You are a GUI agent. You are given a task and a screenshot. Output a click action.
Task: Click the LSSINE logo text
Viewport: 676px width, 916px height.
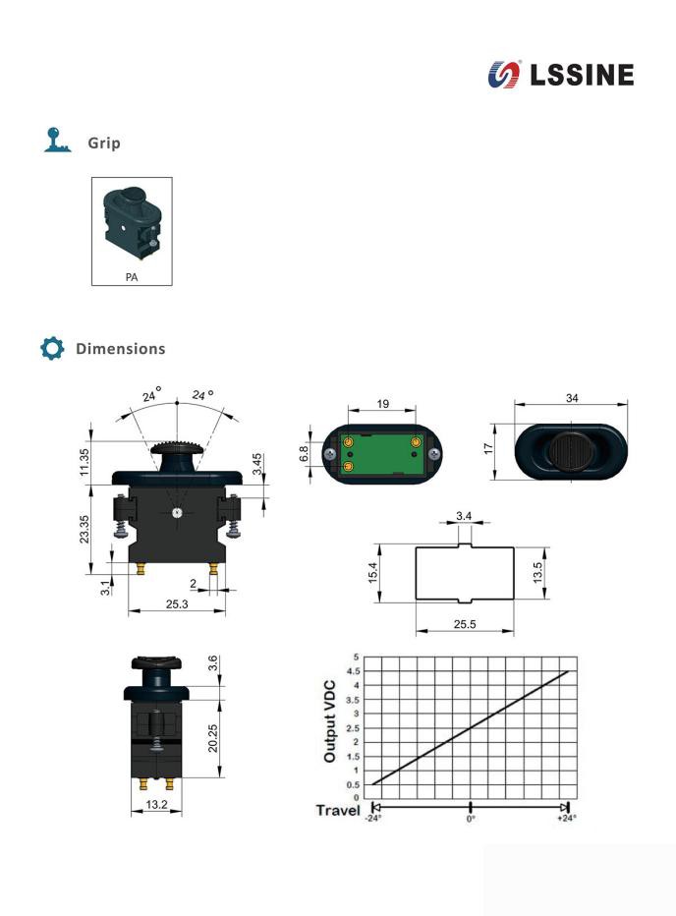tap(582, 75)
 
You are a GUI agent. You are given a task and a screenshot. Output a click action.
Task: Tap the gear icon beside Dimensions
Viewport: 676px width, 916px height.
tap(52, 348)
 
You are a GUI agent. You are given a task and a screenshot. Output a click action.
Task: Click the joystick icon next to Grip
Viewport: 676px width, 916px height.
tap(57, 141)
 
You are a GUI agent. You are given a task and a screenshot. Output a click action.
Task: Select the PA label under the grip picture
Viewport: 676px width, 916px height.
tap(132, 277)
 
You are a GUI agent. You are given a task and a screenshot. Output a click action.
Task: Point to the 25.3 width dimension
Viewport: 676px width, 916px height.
tap(177, 603)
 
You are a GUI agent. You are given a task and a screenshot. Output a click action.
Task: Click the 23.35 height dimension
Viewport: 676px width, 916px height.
tap(84, 530)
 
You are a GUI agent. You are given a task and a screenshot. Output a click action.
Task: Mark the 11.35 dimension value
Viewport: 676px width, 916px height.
tap(84, 462)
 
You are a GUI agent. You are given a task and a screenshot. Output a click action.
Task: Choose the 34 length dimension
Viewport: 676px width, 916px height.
tap(572, 398)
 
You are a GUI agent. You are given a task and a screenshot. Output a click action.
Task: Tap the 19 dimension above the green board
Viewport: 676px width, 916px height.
tap(382, 404)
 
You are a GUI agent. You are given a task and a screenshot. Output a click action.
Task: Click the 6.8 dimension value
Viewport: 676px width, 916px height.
tap(304, 453)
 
